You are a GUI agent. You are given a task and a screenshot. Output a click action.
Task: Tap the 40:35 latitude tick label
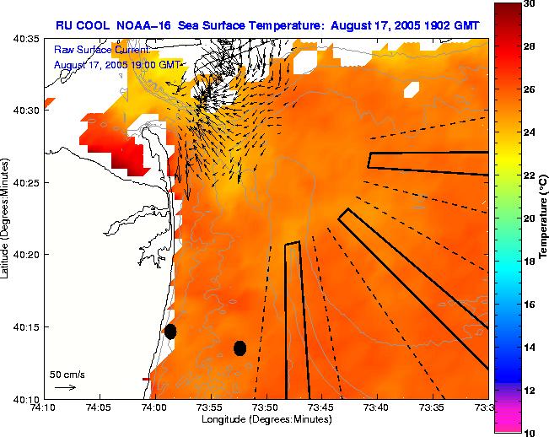[x=26, y=39]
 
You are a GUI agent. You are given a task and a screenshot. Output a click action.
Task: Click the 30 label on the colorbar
[x=529, y=5]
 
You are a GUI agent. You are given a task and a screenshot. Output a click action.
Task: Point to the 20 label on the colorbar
[x=529, y=218]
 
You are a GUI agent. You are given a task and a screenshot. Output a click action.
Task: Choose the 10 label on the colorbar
[x=529, y=432]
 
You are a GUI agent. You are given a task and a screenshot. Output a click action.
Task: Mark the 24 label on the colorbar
[x=529, y=133]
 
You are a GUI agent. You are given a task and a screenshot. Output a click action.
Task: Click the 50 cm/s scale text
[x=66, y=374]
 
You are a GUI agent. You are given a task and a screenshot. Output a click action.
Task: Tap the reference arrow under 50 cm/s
[x=65, y=387]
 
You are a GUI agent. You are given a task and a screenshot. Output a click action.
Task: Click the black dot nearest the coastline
[x=170, y=332]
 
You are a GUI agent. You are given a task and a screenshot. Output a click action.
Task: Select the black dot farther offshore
[x=240, y=348]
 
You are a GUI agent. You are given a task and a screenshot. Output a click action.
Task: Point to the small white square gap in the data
[x=412, y=88]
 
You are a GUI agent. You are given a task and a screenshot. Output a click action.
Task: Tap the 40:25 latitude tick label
[x=26, y=183]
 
